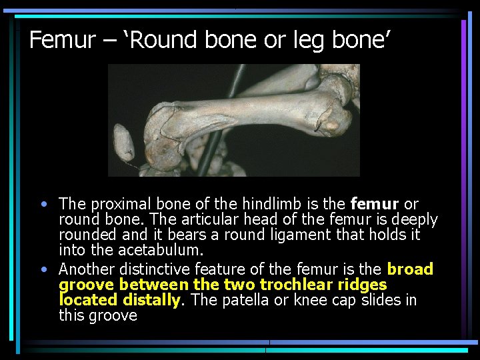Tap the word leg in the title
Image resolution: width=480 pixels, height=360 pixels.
click(301, 41)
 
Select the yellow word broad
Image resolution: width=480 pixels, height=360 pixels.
click(410, 269)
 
